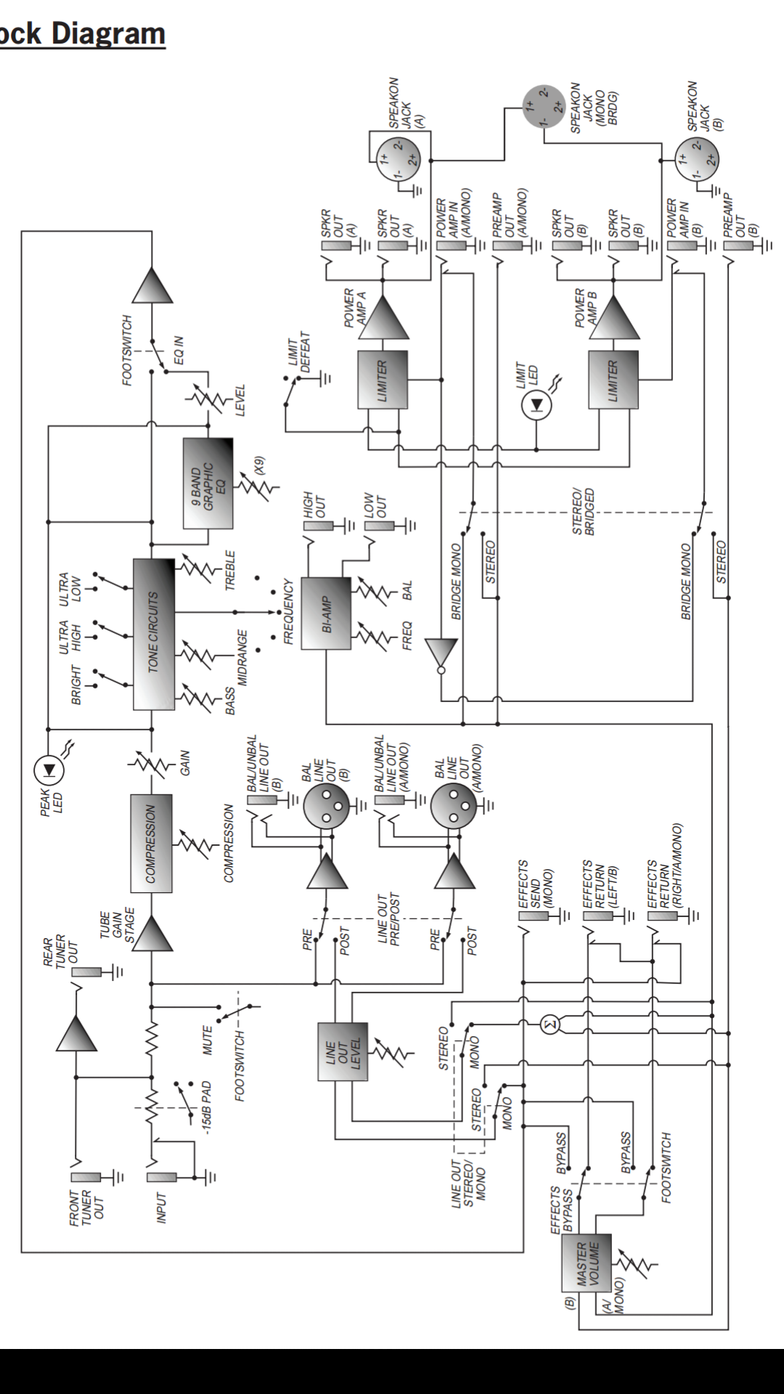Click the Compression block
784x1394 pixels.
coord(151,843)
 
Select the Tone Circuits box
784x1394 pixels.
coord(154,634)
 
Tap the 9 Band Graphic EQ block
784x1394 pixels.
coord(208,483)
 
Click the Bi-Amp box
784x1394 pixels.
coord(326,614)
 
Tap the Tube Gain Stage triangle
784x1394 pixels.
coord(152,933)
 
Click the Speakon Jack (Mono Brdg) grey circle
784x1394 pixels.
coord(544,106)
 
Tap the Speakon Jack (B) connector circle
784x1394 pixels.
coord(697,159)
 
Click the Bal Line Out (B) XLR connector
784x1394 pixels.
coord(326,805)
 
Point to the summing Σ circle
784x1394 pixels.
coord(551,1024)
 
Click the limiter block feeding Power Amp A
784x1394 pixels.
coord(383,380)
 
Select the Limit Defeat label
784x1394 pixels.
coord(299,354)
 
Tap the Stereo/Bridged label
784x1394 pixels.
coord(583,512)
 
